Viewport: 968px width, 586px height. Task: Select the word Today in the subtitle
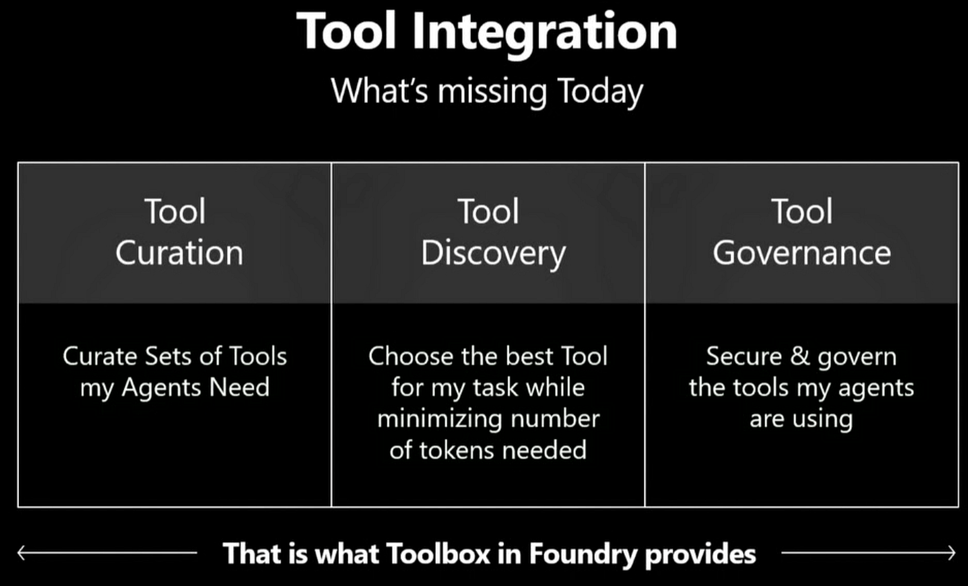[600, 93]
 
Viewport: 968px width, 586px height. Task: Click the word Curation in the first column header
[179, 253]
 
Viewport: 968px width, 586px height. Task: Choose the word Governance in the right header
[801, 253]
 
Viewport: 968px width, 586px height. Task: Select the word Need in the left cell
[239, 387]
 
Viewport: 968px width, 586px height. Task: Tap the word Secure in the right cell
[744, 356]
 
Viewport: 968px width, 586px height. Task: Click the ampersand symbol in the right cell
[800, 356]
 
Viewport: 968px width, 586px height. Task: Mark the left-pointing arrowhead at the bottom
[21, 553]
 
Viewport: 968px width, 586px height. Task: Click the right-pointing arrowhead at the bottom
[951, 553]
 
